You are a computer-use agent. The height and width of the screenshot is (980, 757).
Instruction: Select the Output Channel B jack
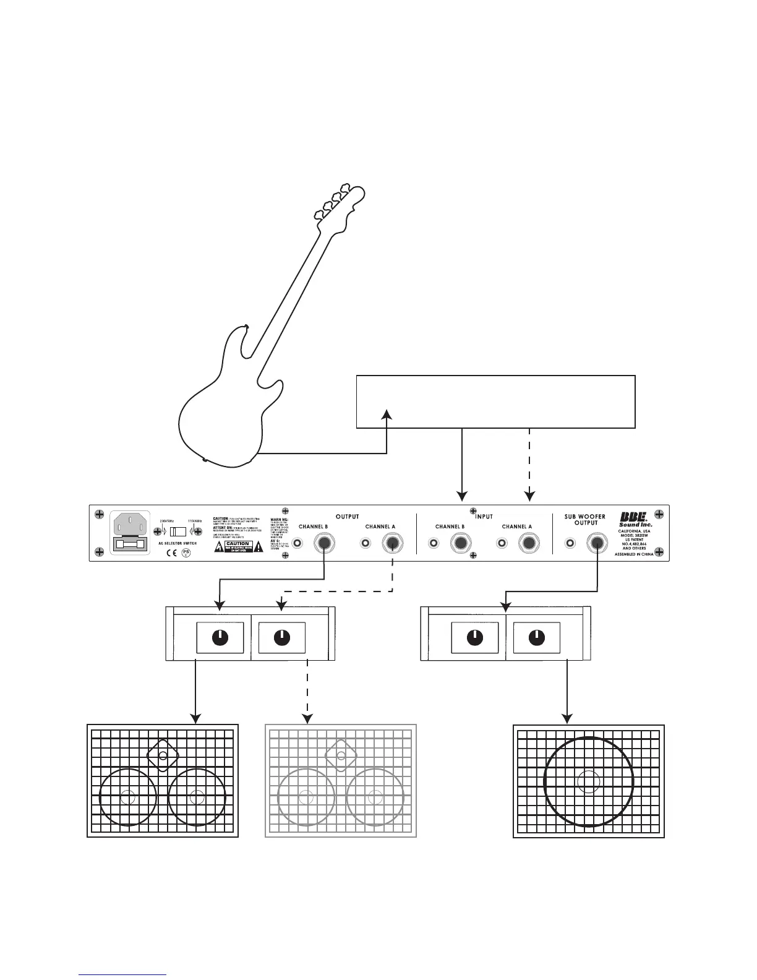[x=324, y=544]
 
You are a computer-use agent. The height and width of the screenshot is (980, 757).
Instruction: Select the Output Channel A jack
[x=392, y=544]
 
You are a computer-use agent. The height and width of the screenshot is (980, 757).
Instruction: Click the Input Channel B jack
[x=461, y=544]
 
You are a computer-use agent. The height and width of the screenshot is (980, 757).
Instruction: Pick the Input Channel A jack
[x=529, y=544]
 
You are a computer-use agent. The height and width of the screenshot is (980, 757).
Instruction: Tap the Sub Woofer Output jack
[x=597, y=544]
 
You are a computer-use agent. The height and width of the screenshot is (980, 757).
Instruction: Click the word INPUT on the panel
[x=484, y=516]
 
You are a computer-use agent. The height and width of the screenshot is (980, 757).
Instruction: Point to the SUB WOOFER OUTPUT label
[x=584, y=519]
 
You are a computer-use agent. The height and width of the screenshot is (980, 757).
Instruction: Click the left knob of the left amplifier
[x=220, y=638]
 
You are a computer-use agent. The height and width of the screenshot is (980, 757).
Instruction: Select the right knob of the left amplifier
[x=281, y=638]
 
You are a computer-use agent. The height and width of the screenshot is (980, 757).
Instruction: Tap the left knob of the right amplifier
[x=474, y=638]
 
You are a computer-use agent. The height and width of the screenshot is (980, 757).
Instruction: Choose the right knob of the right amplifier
[x=536, y=638]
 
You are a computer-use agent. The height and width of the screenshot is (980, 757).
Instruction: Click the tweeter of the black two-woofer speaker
[x=162, y=755]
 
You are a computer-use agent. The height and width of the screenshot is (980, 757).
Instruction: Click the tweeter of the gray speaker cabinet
[x=341, y=755]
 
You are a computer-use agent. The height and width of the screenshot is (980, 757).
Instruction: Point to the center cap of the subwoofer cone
[x=588, y=781]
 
